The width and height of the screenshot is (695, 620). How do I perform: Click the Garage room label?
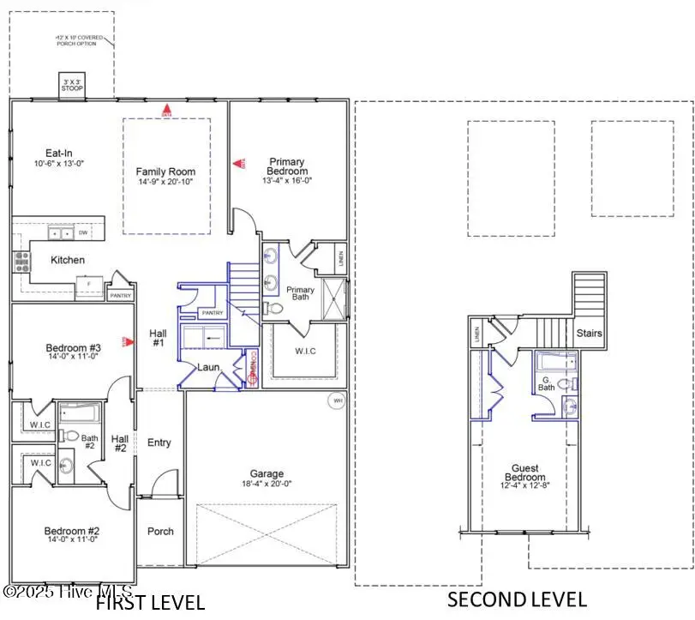(x=267, y=473)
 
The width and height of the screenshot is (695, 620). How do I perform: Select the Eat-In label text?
(x=46, y=153)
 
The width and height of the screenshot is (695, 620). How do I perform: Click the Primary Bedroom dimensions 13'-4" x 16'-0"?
(x=287, y=182)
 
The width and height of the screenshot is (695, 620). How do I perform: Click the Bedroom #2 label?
(x=73, y=532)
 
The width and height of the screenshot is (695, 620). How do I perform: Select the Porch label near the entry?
(x=160, y=531)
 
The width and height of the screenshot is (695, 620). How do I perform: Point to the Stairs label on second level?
(x=589, y=334)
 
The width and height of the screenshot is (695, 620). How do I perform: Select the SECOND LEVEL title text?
(x=517, y=599)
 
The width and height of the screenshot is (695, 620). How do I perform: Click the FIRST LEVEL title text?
(x=150, y=602)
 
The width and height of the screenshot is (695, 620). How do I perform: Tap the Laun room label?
(x=209, y=367)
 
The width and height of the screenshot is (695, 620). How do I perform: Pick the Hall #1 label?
(x=158, y=338)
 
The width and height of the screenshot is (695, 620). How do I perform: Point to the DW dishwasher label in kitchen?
(x=83, y=232)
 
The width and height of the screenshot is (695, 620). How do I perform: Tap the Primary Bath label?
(x=300, y=294)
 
